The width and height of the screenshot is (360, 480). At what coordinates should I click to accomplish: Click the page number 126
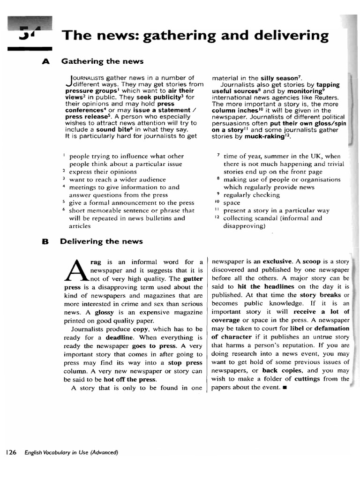click(x=11, y=452)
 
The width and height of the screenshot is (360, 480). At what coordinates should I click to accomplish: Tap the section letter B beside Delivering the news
click(x=45, y=241)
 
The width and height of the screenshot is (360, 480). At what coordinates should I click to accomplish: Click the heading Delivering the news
click(x=101, y=241)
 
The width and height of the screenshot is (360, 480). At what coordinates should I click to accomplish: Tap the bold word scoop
click(x=311, y=262)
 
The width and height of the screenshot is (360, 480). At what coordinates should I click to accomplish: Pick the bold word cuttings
click(x=307, y=379)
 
